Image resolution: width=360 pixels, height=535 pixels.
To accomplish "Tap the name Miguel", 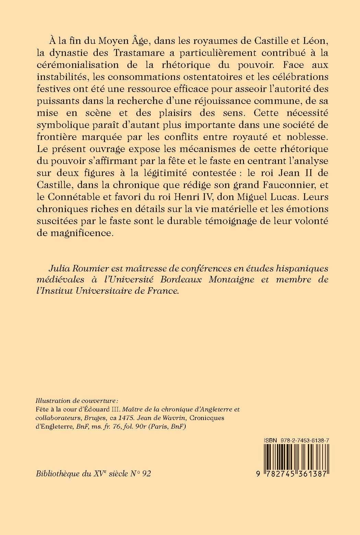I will tap(256, 197).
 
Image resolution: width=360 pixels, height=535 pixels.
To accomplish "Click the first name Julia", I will tap(61, 267).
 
